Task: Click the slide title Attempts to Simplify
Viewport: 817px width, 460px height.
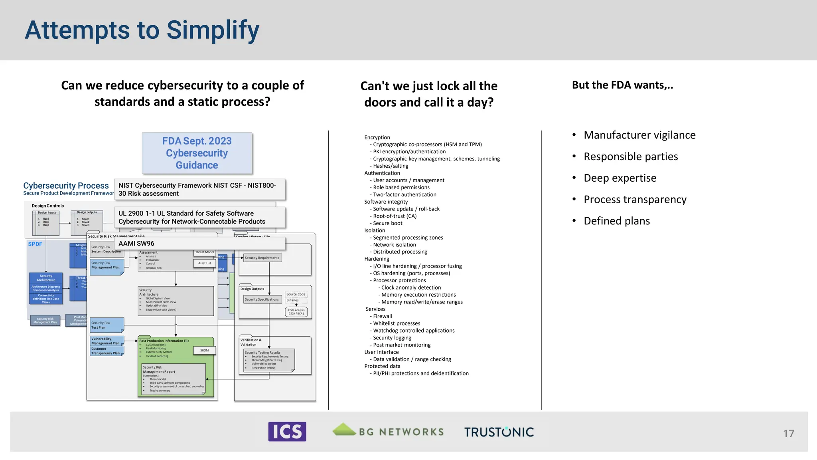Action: (142, 30)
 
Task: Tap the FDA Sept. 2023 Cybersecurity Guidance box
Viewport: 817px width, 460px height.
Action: (197, 153)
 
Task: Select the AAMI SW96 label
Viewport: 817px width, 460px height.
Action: (136, 244)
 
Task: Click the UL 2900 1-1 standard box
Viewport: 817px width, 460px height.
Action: (200, 218)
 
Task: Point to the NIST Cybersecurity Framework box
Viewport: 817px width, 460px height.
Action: (200, 190)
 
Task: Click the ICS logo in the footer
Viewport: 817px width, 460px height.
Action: (287, 432)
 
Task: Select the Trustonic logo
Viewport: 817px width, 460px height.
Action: (499, 432)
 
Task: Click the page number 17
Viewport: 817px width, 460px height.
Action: (788, 434)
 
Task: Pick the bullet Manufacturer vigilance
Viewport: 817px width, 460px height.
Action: (639, 135)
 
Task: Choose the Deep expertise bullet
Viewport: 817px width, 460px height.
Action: (620, 178)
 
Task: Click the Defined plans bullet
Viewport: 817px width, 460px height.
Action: (616, 221)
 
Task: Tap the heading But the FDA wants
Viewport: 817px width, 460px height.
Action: (622, 85)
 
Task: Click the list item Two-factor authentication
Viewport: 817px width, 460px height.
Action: (404, 195)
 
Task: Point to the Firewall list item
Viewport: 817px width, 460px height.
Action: (382, 316)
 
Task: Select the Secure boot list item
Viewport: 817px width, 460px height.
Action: (387, 223)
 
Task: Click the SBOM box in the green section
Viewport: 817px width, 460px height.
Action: (204, 351)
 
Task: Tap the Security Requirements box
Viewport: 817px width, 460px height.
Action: (262, 258)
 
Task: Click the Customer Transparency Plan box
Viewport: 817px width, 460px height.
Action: (106, 351)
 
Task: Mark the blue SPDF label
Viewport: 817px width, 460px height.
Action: (35, 244)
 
